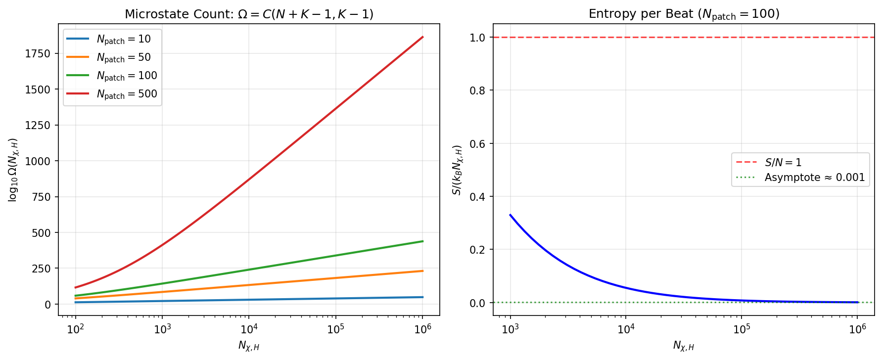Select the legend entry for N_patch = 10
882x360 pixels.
[x=123, y=39]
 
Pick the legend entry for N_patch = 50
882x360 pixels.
[x=123, y=57]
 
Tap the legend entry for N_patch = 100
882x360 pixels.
[x=127, y=76]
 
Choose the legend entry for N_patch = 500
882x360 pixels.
[x=127, y=94]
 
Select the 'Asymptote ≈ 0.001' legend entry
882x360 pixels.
[x=814, y=178]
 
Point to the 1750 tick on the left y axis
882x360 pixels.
[x=38, y=54]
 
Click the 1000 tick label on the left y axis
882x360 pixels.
[x=38, y=161]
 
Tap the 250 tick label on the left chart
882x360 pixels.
[x=41, y=269]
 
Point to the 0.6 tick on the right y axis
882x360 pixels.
[x=477, y=144]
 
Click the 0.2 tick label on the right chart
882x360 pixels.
[x=477, y=250]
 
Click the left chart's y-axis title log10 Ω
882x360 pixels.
[x=13, y=170]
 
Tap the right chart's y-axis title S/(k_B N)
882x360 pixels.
[x=458, y=170]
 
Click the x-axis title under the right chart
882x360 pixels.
[x=684, y=346]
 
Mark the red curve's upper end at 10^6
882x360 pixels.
[x=422, y=37]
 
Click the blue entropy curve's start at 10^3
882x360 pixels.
[x=510, y=215]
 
